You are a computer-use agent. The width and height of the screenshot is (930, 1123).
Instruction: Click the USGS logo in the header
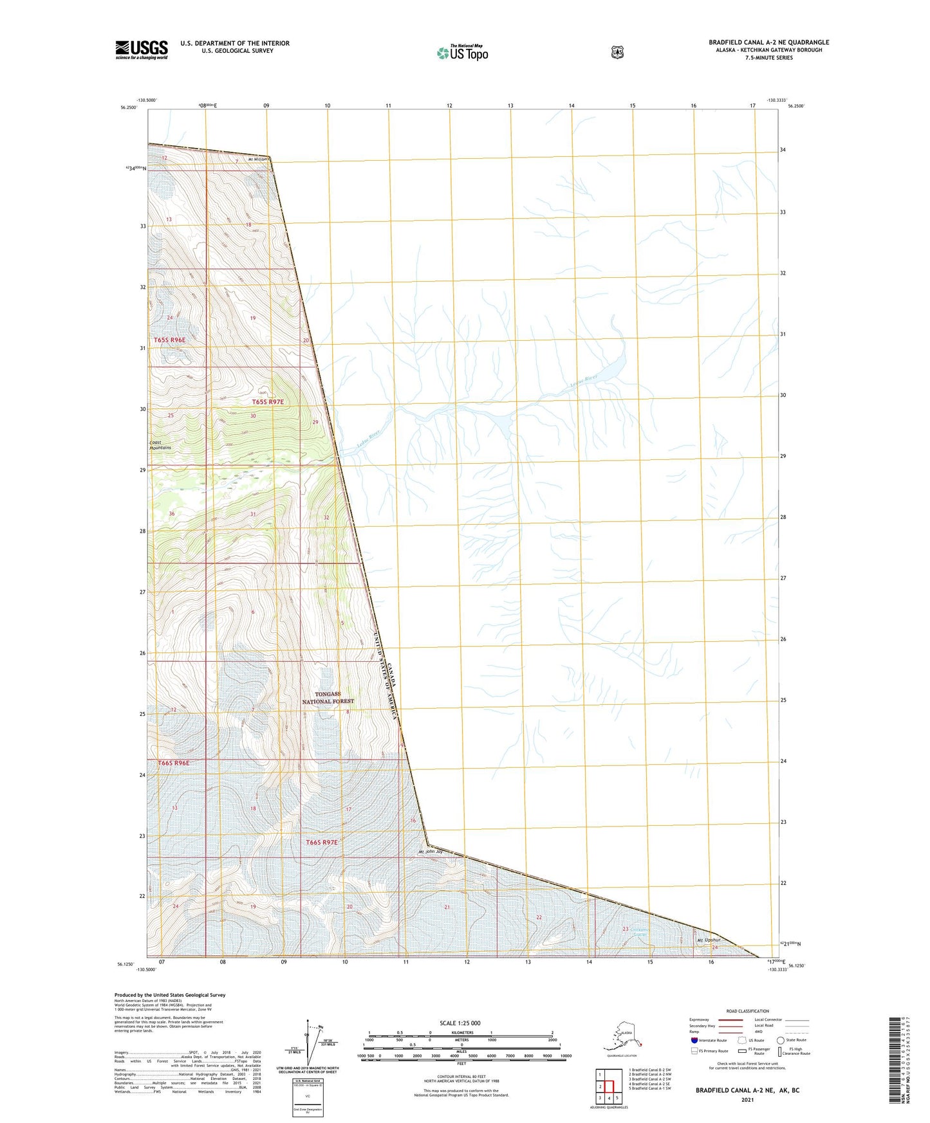point(142,50)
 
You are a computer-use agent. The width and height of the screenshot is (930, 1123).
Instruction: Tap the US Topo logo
point(462,53)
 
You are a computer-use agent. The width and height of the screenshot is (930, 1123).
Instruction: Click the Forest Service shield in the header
point(617,52)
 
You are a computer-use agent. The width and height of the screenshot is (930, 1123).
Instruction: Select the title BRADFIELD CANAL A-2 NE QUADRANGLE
point(768,42)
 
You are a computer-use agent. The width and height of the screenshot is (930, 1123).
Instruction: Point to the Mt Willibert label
point(256,159)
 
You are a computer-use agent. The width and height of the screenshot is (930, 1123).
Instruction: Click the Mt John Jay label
point(431,852)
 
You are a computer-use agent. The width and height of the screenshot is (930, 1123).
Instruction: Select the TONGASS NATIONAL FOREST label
point(328,698)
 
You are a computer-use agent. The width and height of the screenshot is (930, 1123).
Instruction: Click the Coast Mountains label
point(160,445)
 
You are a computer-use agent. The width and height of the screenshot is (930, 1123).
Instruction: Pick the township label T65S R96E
point(169,340)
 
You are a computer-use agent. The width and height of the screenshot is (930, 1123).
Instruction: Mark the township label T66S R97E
point(322,842)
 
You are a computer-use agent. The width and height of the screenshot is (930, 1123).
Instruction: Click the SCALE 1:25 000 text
point(460,1023)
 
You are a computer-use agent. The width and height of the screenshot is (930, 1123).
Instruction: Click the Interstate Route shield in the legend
point(694,1040)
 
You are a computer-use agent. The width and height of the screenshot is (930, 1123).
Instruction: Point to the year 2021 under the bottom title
point(747,1100)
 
